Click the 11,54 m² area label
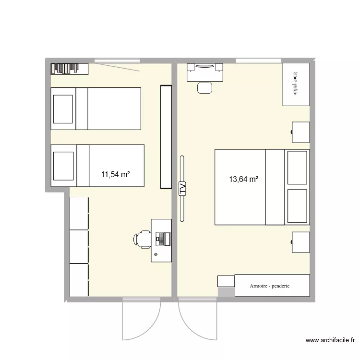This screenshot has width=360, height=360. tap(115, 175)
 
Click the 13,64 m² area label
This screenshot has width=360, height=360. tap(244, 180)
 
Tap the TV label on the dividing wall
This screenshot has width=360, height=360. tap(182, 189)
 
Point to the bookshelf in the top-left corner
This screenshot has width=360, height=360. tap(70, 69)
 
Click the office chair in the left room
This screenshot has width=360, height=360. tap(143, 240)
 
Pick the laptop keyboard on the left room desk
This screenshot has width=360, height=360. tap(163, 238)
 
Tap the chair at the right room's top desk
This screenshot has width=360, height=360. tap(205, 88)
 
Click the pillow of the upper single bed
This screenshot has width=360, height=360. tap(63, 108)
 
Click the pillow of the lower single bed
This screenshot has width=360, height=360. tap(63, 165)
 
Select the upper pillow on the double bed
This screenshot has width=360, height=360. tap(297, 167)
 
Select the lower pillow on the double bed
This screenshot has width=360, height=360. tap(297, 205)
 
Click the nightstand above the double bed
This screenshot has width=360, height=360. tap(301, 132)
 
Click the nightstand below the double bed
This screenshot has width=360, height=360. tap(301, 242)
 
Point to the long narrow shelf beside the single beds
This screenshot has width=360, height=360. tap(166, 137)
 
